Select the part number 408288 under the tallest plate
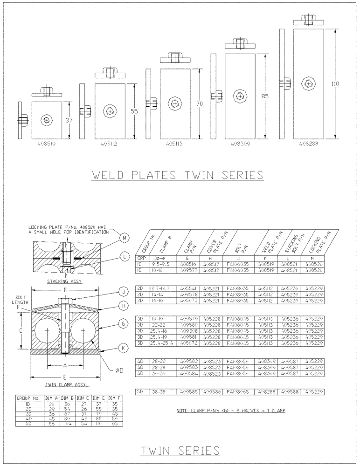click(x=309, y=144)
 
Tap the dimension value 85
click(x=265, y=96)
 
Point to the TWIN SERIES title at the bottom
click(x=180, y=450)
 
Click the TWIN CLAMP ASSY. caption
click(x=68, y=385)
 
